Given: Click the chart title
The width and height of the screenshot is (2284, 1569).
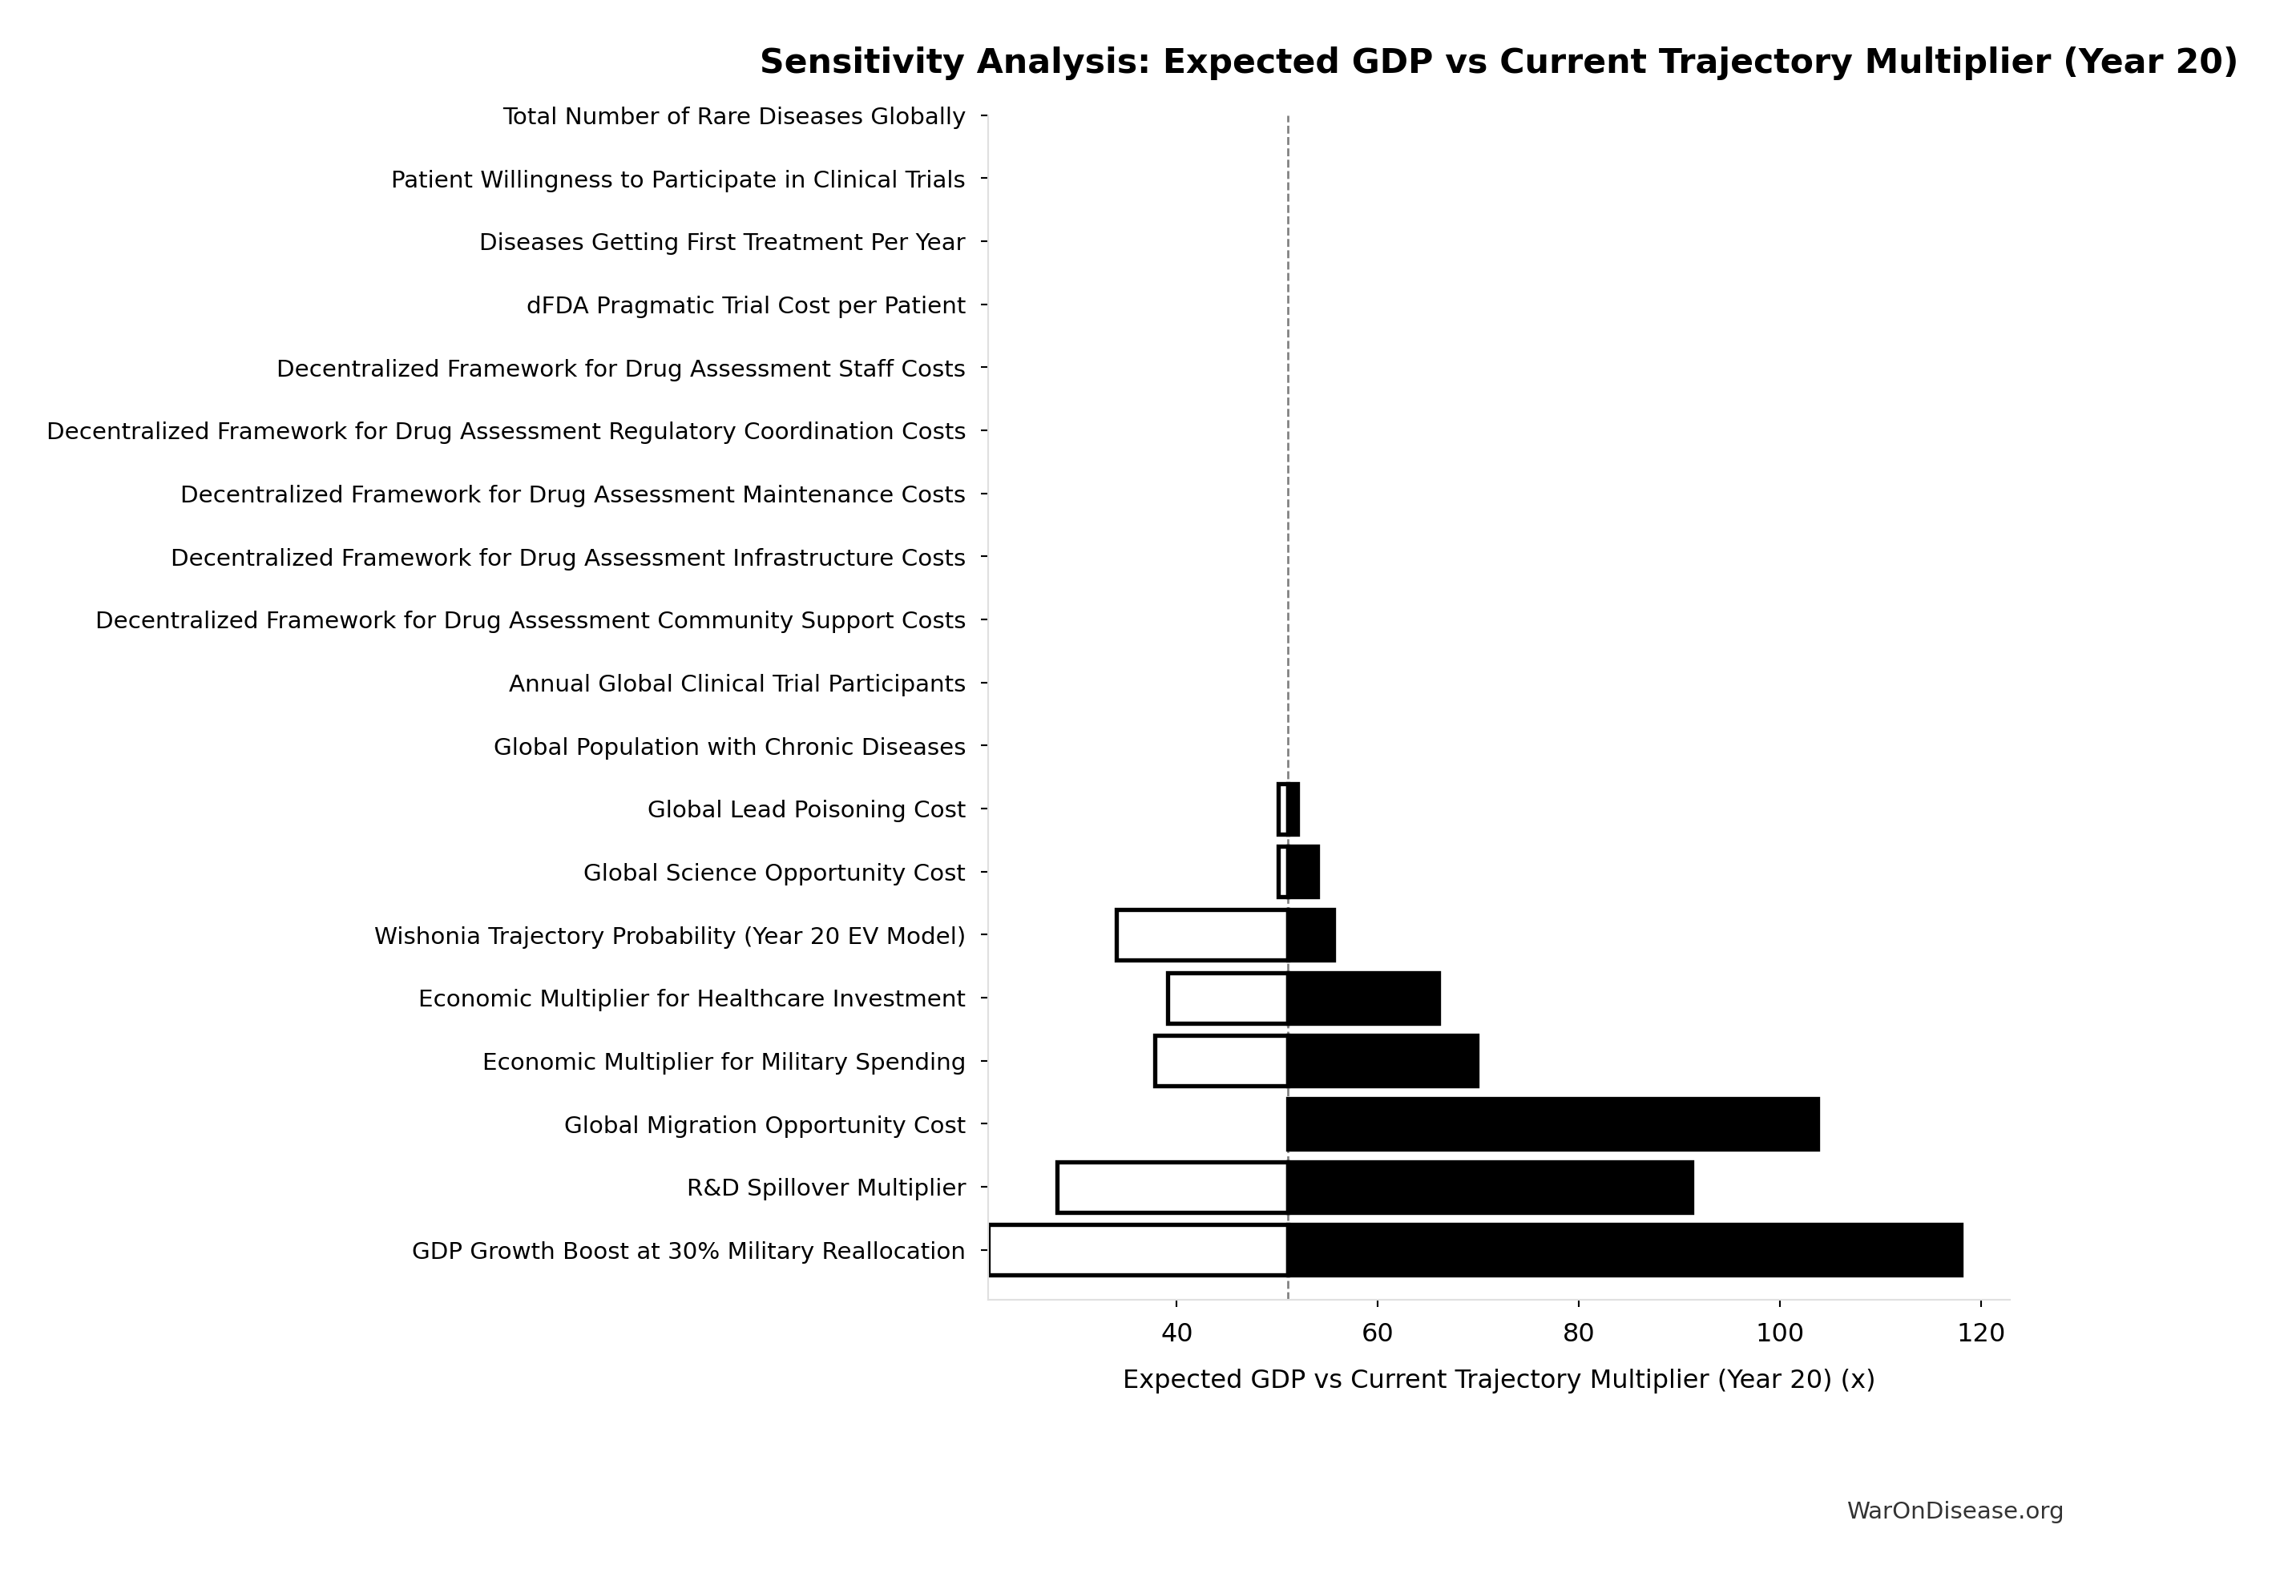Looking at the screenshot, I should point(1499,62).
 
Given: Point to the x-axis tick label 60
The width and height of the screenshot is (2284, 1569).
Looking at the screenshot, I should point(1377,1333).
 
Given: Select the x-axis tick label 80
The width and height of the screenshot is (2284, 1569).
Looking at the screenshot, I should point(1578,1333).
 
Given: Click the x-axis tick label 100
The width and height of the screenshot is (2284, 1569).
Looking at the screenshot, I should point(1778,1333).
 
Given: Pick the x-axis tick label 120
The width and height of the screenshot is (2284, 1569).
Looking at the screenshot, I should point(1980,1333).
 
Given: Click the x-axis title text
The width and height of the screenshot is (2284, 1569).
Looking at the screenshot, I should point(1499,1379).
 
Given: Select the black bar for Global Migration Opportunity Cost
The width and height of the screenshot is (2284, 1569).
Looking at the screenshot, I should point(1552,1124).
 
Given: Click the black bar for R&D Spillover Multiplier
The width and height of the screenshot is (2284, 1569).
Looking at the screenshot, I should point(1490,1188).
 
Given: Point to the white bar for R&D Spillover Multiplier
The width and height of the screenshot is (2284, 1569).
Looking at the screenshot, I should point(1172,1188).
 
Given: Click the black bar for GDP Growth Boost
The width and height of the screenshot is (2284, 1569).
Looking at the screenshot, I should point(1624,1251).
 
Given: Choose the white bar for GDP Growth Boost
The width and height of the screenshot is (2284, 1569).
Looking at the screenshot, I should point(1139,1251).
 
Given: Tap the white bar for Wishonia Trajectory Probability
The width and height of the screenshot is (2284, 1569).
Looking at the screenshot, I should point(1201,935).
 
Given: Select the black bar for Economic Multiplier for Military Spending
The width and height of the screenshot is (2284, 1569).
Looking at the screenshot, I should point(1382,1062).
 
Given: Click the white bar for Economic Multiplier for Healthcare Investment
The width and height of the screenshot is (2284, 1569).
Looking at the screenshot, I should point(1227,998).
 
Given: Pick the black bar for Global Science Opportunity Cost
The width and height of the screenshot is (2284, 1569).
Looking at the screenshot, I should point(1303,872).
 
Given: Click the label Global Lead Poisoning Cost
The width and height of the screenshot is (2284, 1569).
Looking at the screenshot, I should point(806,810).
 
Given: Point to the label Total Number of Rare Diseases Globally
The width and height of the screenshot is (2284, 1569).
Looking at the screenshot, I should point(733,117).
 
